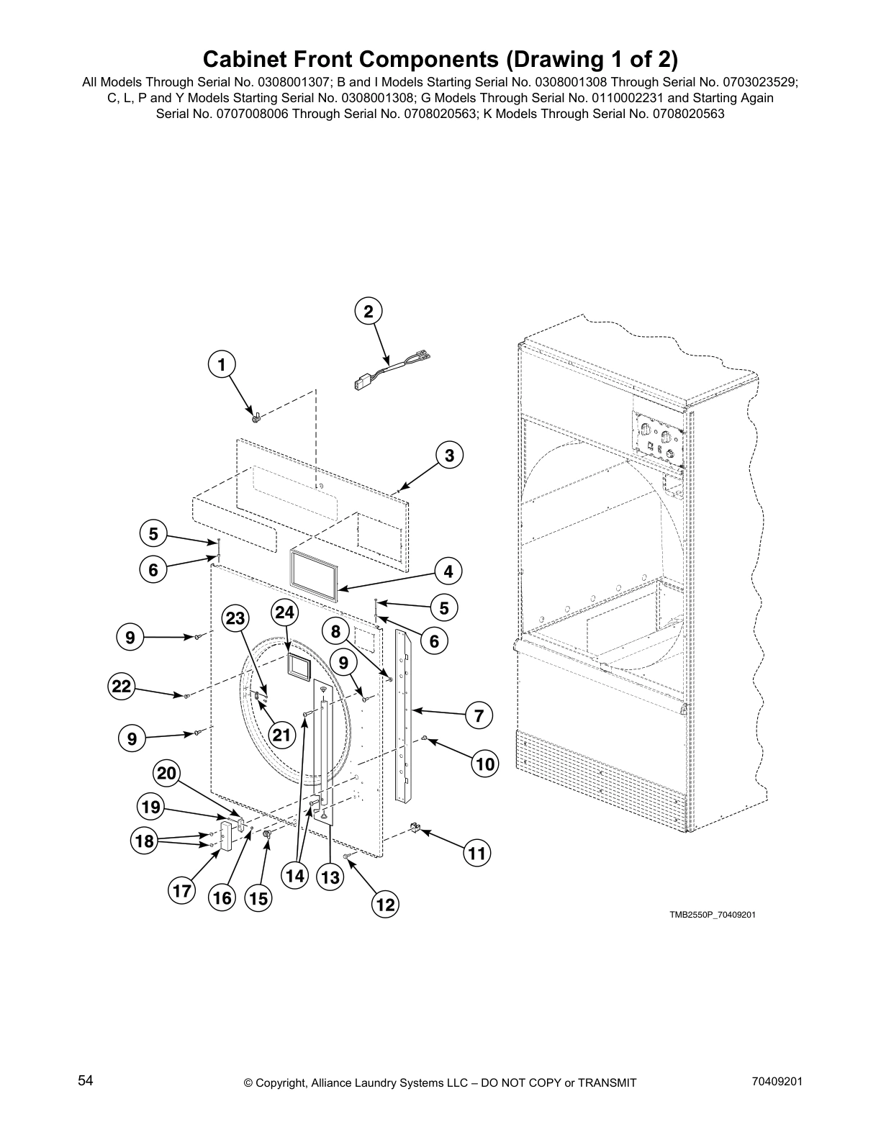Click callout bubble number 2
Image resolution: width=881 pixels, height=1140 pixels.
[x=369, y=312]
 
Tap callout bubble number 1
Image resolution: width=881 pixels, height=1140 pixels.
[x=222, y=365]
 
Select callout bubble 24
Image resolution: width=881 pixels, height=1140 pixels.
[x=285, y=612]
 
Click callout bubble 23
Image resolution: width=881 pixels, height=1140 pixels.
[x=235, y=619]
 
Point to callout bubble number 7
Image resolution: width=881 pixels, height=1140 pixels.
[x=479, y=716]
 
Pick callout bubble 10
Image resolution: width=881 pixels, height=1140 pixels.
[x=486, y=764]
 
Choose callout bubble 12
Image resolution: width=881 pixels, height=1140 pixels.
[x=386, y=905]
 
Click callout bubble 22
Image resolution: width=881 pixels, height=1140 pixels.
[x=122, y=687]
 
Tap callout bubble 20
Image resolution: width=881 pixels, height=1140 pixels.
[x=166, y=774]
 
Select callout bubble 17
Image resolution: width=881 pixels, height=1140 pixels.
[x=181, y=892]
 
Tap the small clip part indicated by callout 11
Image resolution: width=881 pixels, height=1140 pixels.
[x=415, y=829]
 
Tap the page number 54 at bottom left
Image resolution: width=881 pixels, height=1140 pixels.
[x=86, y=1081]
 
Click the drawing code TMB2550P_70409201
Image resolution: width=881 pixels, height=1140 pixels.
[x=713, y=915]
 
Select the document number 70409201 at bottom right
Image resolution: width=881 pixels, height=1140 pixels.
[x=776, y=1081]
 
